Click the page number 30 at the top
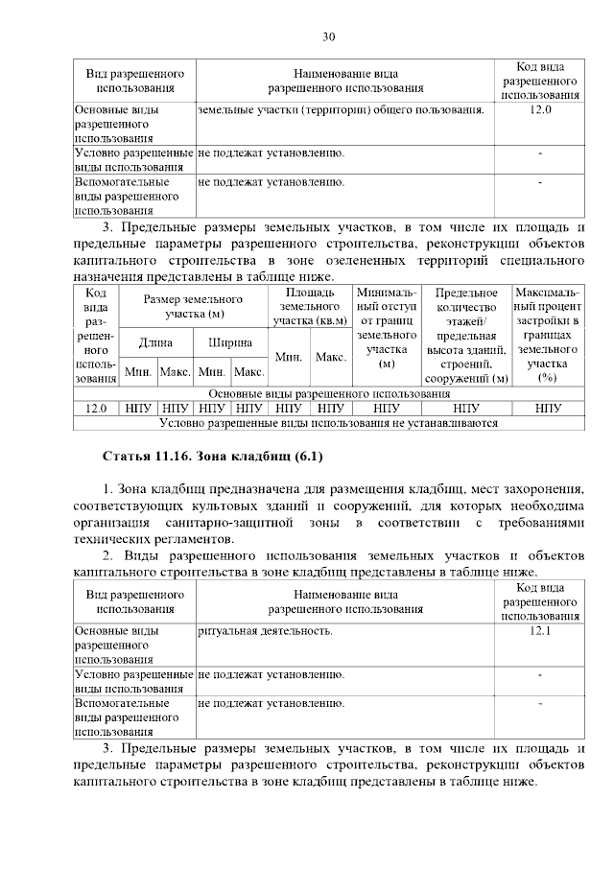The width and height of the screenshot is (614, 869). [x=328, y=37]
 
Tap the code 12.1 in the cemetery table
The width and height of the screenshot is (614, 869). [x=540, y=632]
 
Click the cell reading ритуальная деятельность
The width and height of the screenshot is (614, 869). [x=266, y=632]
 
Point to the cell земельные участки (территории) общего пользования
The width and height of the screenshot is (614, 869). [x=340, y=110]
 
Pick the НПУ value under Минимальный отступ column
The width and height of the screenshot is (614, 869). [x=387, y=408]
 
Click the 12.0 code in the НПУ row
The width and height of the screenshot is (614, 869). [x=96, y=408]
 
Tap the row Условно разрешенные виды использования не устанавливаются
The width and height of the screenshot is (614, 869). [x=328, y=421]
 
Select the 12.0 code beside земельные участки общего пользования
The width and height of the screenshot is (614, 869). [x=540, y=110]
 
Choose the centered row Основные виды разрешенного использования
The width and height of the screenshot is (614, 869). [x=328, y=394]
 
